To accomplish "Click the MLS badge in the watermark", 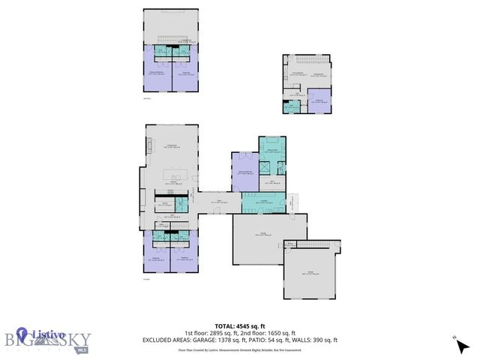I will (82, 349).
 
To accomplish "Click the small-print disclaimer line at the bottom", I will (239, 349).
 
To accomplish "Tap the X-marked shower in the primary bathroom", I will (267, 166).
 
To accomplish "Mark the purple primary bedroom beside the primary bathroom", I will (244, 172).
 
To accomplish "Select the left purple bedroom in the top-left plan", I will (157, 73).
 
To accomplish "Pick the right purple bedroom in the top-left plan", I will (185, 73).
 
